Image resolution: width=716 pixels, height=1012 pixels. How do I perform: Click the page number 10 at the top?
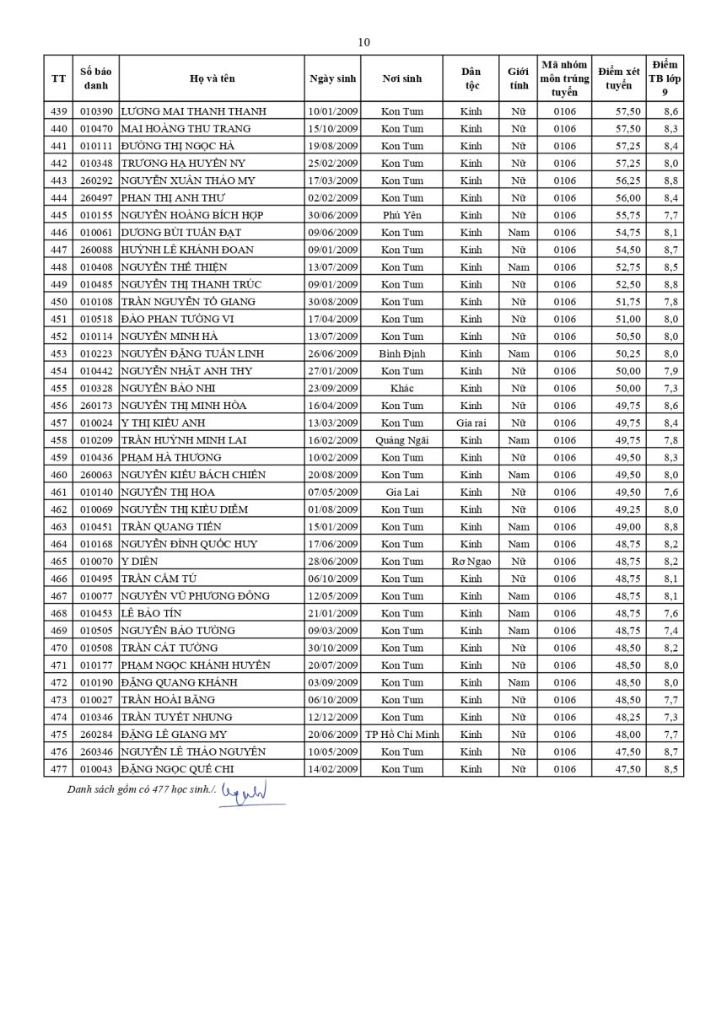point(363,42)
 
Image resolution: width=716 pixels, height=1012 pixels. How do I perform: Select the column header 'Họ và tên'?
point(212,78)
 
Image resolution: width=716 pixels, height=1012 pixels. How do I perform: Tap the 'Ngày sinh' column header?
point(333,78)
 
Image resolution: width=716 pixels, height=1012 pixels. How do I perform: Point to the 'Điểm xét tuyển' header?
point(618,78)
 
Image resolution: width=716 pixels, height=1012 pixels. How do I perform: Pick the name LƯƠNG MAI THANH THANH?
point(193,111)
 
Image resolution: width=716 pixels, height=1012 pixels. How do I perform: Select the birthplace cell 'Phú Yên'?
point(401,215)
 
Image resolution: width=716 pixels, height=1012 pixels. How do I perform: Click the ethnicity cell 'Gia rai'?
point(471,423)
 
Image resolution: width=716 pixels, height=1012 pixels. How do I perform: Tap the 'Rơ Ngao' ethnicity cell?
point(471,561)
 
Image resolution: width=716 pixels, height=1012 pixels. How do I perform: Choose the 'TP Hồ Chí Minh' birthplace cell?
point(401,735)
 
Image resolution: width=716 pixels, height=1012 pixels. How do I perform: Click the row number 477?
point(58,769)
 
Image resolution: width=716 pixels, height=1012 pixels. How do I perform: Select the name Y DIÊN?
point(139,561)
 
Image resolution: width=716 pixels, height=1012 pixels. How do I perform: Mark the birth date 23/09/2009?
point(333,388)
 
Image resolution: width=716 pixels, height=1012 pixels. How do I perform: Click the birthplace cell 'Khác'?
point(401,388)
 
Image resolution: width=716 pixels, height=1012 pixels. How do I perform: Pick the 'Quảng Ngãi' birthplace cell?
point(401,440)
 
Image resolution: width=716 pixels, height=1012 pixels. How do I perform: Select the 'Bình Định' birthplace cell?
point(401,353)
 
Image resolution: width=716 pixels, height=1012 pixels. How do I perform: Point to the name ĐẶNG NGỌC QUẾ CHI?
point(177,769)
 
